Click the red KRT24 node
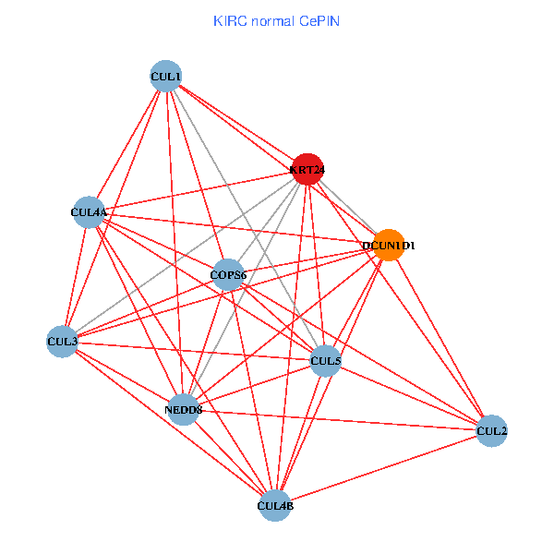click(307, 169)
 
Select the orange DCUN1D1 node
click(389, 245)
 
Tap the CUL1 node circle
click(165, 76)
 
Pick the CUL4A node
click(89, 212)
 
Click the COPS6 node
click(228, 274)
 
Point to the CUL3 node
click(62, 342)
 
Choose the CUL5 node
click(325, 360)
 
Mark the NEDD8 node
click(184, 409)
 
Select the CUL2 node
click(491, 430)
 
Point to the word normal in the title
click(272, 20)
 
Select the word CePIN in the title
click(319, 20)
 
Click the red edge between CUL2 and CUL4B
click(383, 467)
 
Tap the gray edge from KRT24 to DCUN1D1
click(348, 207)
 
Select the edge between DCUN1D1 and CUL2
click(440, 338)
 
